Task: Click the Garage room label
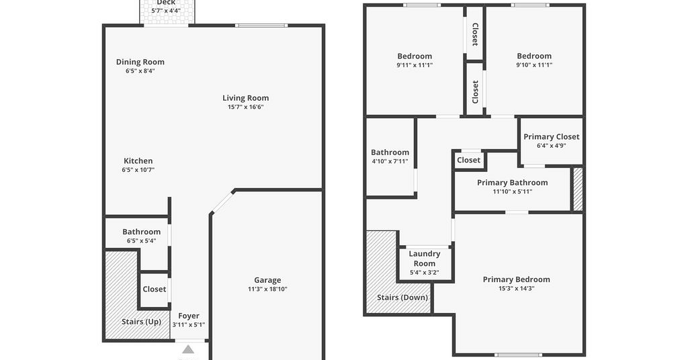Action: pyautogui.click(x=267, y=280)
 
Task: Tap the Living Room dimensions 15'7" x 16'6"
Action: pyautogui.click(x=245, y=107)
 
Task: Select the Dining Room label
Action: pyautogui.click(x=140, y=62)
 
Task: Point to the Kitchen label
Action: pyautogui.click(x=138, y=161)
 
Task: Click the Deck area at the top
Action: pyautogui.click(x=167, y=12)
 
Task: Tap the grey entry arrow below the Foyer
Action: pyautogui.click(x=188, y=349)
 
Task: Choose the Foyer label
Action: pyautogui.click(x=189, y=316)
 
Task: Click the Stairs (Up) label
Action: pyautogui.click(x=141, y=322)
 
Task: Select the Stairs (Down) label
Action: pyautogui.click(x=402, y=298)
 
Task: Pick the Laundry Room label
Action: pyautogui.click(x=425, y=259)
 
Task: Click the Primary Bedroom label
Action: pyautogui.click(x=517, y=280)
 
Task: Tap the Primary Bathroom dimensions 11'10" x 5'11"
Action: pyautogui.click(x=513, y=191)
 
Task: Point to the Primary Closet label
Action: pyautogui.click(x=552, y=137)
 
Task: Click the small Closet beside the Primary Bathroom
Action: pyautogui.click(x=468, y=160)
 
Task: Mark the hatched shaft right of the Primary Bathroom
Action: pyautogui.click(x=578, y=189)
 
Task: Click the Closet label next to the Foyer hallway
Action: pyautogui.click(x=155, y=289)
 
